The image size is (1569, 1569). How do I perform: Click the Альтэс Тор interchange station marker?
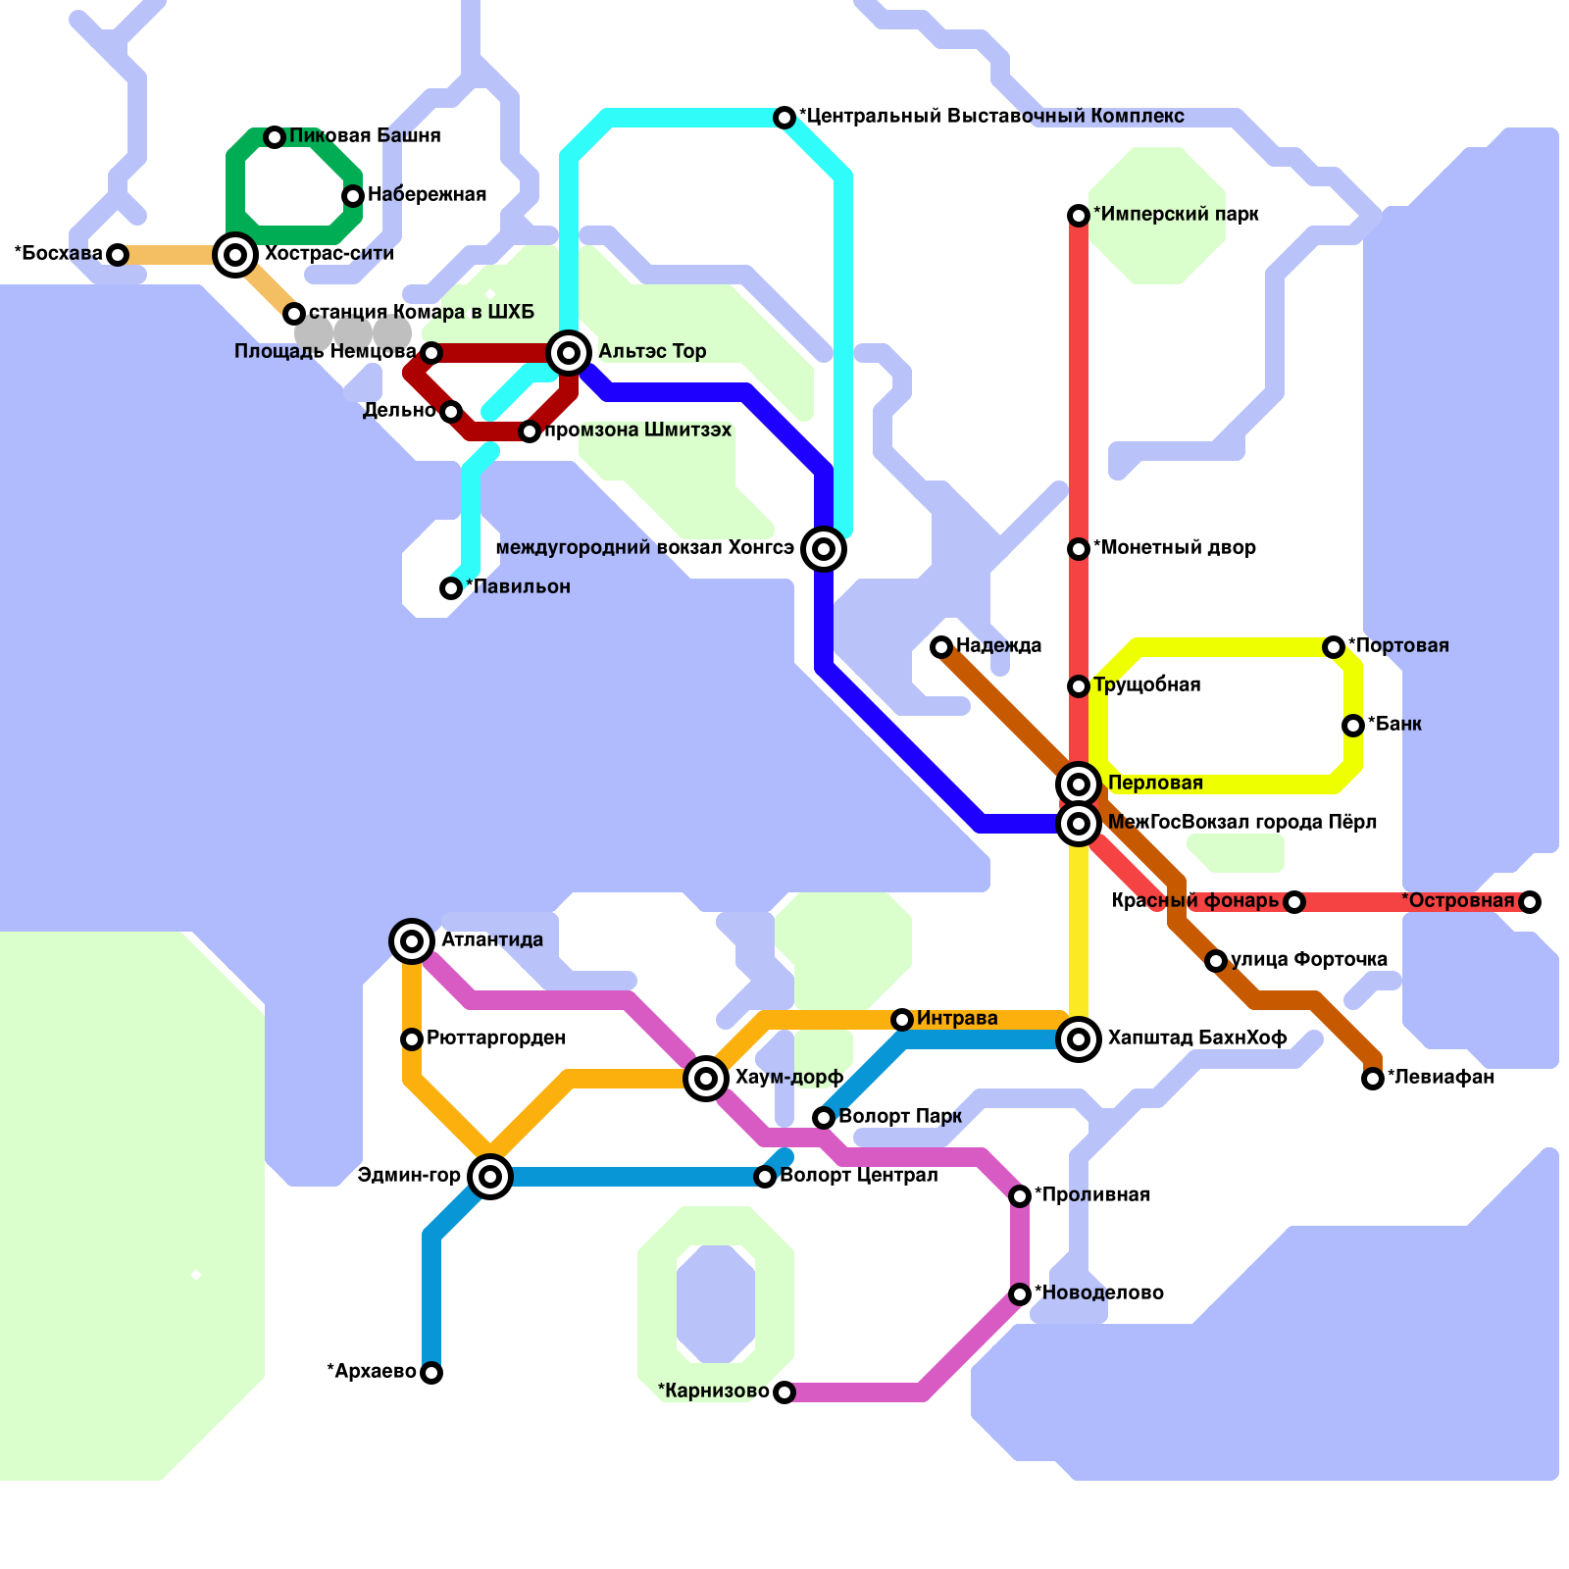coord(569,352)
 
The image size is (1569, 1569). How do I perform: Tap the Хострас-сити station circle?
coord(235,255)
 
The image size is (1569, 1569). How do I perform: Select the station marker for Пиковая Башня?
coord(275,137)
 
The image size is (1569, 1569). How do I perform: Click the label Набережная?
coord(427,194)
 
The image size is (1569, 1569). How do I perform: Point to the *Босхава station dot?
coord(118,255)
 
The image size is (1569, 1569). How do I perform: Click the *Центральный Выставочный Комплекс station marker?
coord(784,118)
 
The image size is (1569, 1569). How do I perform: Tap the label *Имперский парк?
coord(1176,214)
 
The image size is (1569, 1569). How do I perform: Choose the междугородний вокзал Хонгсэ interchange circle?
coord(824,549)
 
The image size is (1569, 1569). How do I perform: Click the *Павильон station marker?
coord(451,588)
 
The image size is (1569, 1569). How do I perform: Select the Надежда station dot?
coord(941,647)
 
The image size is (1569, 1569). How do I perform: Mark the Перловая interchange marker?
coord(1079,784)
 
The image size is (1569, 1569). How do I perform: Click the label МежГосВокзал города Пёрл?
coord(1241,822)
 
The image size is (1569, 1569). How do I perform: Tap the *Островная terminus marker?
coord(1530,902)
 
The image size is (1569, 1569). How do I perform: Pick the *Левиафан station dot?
coord(1373,1079)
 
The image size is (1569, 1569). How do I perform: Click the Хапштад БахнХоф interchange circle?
coord(1079,1039)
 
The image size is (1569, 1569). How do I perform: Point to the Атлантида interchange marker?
coord(412,941)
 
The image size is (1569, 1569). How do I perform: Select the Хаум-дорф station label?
coord(788,1077)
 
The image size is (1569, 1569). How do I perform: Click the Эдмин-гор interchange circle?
coord(490,1177)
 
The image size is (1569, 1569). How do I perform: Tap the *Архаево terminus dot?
coord(431,1373)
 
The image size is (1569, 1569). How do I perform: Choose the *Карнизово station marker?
coord(784,1392)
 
